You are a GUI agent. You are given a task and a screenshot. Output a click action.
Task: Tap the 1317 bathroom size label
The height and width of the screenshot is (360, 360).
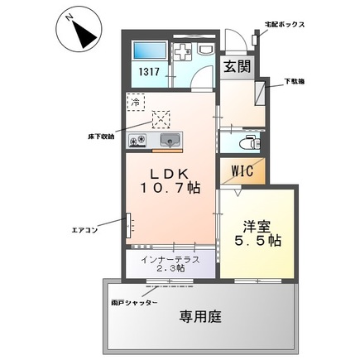click(x=149, y=72)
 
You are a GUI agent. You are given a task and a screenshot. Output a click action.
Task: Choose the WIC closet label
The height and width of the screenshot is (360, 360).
click(x=243, y=172)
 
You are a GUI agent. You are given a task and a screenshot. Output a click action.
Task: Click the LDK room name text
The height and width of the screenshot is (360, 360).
click(x=170, y=173)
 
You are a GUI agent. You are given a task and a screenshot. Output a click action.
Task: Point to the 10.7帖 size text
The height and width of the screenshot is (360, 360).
click(x=170, y=189)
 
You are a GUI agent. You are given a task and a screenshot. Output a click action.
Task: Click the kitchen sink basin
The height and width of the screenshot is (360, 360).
click(x=170, y=139)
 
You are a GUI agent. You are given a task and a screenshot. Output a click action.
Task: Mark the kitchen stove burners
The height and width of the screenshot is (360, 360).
click(x=138, y=141)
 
